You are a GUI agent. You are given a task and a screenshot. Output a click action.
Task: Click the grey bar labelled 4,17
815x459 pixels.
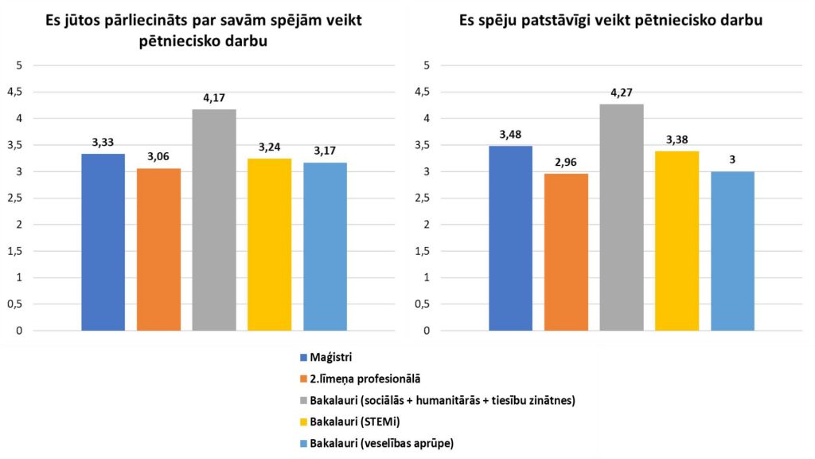(214, 220)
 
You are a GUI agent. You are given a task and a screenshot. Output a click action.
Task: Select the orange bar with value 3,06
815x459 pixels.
(158, 249)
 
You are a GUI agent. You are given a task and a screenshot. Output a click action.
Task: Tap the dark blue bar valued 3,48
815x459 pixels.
(510, 238)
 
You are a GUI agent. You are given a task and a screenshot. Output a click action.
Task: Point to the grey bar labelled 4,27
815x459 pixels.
(622, 217)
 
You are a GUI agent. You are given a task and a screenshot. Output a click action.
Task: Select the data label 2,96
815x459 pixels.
(566, 161)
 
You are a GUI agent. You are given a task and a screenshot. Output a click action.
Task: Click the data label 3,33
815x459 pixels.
(103, 141)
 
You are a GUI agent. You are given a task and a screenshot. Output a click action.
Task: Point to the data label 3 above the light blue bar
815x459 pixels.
(732, 159)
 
